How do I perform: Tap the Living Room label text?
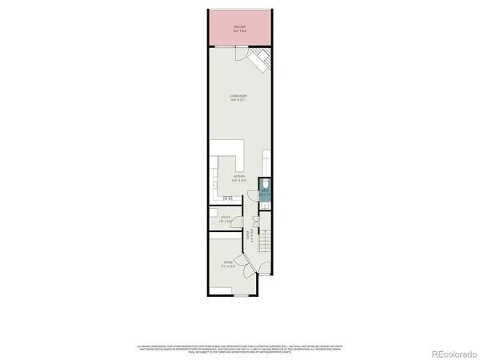238,98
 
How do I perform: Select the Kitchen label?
238,178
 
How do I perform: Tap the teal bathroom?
265,192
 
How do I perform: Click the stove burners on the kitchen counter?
227,198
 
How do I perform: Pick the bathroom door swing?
261,206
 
